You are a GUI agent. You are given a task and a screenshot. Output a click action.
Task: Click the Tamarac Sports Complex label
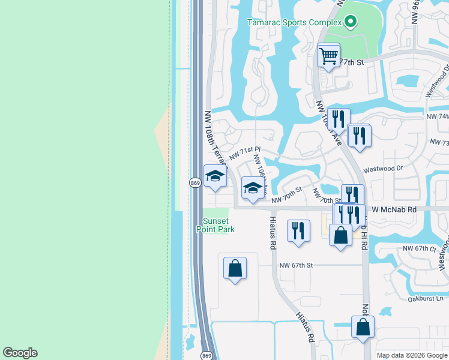(294, 23)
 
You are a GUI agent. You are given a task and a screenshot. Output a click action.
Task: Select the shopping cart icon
(328, 56)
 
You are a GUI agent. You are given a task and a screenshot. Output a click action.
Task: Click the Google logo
(20, 353)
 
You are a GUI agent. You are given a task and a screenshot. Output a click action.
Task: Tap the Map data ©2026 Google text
(411, 355)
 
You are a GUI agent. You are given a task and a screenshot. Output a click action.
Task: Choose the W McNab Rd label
(394, 210)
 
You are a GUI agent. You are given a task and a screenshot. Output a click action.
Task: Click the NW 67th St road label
(296, 265)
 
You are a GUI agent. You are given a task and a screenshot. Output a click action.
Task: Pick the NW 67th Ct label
(418, 248)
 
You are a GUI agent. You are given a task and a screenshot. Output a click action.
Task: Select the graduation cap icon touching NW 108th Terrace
(215, 176)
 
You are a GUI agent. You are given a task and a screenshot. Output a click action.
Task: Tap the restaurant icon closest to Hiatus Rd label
(298, 230)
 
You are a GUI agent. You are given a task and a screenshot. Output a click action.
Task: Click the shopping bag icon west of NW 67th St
(235, 268)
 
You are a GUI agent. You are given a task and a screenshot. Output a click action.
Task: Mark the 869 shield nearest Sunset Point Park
(194, 182)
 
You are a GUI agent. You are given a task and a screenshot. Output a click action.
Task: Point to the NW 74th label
(436, 116)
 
